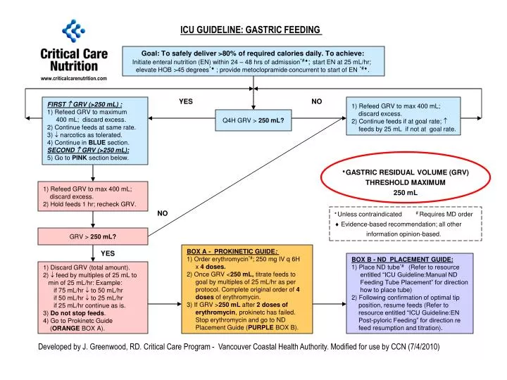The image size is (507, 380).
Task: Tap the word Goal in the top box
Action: [153, 53]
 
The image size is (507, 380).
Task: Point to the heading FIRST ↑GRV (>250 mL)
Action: [84, 104]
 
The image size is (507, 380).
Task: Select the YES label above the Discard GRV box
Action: [108, 253]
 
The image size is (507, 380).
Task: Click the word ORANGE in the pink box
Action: [69, 328]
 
